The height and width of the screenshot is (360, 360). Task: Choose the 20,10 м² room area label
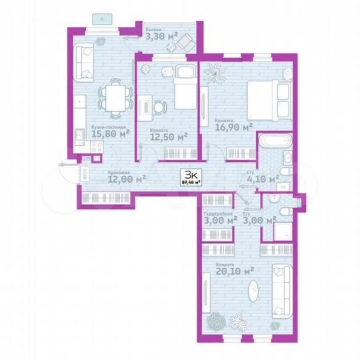[235, 271]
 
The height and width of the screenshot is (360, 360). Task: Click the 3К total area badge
[189, 177]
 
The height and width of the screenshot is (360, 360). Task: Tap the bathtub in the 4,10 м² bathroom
[274, 142]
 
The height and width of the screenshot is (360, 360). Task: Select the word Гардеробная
[217, 213]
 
